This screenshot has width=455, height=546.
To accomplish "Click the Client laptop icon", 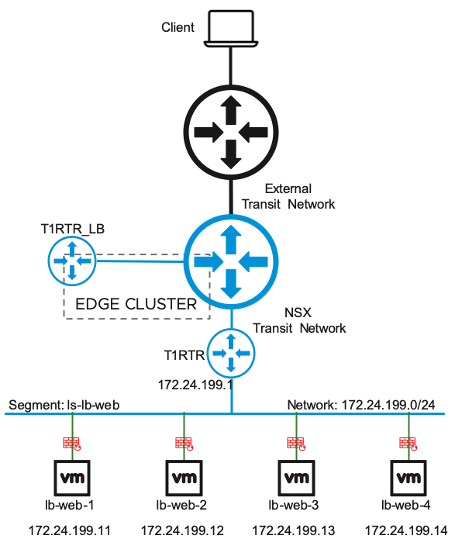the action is click(231, 29).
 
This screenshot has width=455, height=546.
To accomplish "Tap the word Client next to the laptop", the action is click(178, 27).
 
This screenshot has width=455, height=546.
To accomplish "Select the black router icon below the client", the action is click(231, 133).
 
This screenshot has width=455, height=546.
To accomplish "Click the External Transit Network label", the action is click(288, 196).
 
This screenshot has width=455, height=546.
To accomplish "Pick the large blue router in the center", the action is click(231, 261).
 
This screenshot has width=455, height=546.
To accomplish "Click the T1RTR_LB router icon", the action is click(72, 261).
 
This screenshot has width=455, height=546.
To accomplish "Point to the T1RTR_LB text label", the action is click(72, 229).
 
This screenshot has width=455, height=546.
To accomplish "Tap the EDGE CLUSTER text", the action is click(136, 304).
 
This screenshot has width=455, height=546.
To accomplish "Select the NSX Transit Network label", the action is click(299, 320).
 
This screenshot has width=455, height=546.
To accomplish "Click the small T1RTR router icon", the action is click(231, 354).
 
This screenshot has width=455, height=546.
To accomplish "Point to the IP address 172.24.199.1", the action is click(195, 385).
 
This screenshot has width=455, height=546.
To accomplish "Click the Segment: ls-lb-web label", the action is click(64, 405).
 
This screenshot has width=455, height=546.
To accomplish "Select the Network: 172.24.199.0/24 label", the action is click(361, 405).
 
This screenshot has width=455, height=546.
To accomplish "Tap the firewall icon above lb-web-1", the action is click(72, 444).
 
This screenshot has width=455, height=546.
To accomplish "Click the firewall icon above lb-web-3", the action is click(296, 444).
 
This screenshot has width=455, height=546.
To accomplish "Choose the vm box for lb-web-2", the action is click(184, 478).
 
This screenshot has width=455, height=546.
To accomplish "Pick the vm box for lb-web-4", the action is click(408, 478).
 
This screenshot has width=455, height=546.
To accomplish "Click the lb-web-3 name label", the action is click(294, 505).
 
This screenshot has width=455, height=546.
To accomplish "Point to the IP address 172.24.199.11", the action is click(69, 531).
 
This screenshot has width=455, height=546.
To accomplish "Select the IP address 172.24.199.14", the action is click(406, 531).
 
